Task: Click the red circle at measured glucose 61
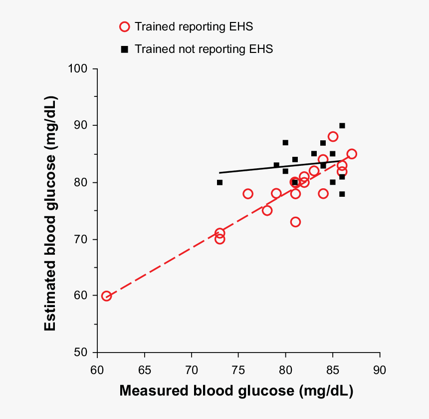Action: point(106,296)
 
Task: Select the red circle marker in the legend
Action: point(124,26)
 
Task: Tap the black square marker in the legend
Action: point(124,49)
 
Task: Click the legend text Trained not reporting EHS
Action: point(204,49)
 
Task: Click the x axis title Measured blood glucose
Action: point(236,391)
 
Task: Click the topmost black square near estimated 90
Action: point(342,126)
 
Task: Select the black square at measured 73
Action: point(219,182)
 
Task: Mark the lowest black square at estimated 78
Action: point(342,194)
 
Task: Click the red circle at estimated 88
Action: point(333,136)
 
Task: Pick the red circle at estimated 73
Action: point(295,222)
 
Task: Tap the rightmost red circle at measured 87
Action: point(352,154)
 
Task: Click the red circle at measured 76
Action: point(248,194)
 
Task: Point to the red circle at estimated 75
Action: point(267,211)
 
